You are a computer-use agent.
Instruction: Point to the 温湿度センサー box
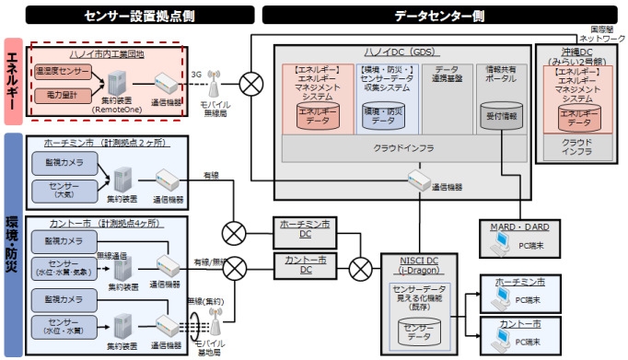pos(62,70)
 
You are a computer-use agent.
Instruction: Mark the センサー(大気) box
pos(62,191)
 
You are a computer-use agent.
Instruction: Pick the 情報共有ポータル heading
pos(502,75)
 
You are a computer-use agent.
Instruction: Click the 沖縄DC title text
pos(577,55)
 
